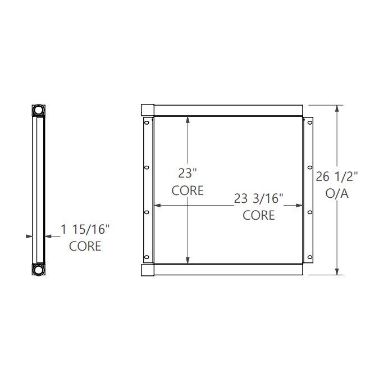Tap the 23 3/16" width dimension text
tap(259, 198)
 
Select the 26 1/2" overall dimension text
tap(337, 176)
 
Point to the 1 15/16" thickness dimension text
tap(85, 229)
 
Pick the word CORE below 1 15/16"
tap(85, 246)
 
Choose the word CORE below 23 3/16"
tap(259, 215)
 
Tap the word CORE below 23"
tap(188, 191)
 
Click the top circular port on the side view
tap(38, 110)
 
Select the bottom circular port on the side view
tap(38, 270)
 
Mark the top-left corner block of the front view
tap(147, 110)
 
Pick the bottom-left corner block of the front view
tap(147, 270)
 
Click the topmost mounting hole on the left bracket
tap(147, 123)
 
